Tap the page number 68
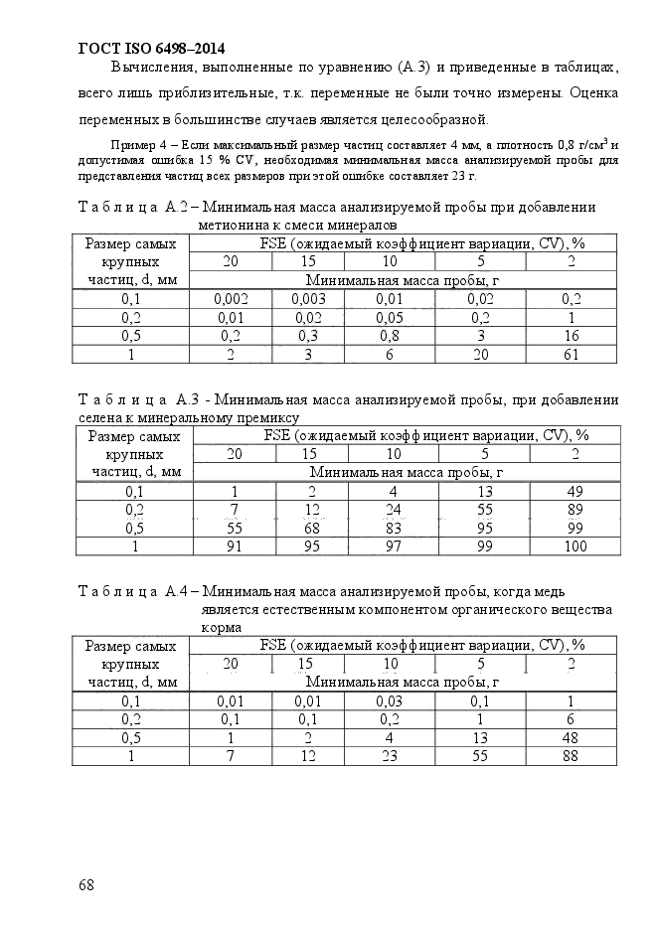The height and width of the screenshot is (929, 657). click(86, 883)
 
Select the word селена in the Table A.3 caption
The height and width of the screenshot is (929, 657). click(99, 417)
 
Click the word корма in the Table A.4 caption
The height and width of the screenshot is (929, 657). click(219, 628)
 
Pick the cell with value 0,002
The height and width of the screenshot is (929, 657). click(231, 299)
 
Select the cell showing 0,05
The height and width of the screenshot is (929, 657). click(390, 318)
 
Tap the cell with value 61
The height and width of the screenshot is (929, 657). click(572, 355)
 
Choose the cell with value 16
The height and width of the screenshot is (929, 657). click(572, 336)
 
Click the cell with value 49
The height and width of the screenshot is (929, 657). click(575, 492)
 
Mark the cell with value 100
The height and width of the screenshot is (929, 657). click(575, 546)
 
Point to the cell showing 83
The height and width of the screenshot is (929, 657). click(393, 529)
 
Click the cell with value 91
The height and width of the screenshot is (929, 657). click(235, 546)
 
